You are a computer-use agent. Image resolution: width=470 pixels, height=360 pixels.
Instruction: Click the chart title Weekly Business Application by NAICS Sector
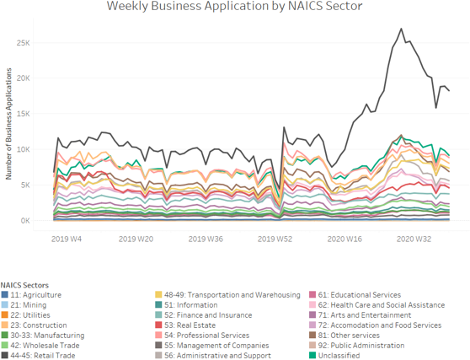pyautogui.click(x=234, y=8)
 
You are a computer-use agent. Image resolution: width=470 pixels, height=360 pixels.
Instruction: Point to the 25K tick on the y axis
pyautogui.click(x=30, y=42)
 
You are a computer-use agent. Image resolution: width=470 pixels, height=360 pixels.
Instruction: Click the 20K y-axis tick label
pyautogui.click(x=30, y=78)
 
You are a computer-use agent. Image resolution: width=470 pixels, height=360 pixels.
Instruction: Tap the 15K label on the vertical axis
pyautogui.click(x=30, y=114)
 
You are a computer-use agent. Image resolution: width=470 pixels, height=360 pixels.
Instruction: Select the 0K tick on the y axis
pyautogui.click(x=32, y=221)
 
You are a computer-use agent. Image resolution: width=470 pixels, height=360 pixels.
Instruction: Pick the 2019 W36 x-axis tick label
pyautogui.click(x=206, y=239)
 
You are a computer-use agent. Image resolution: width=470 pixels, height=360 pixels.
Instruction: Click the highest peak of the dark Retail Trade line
pyautogui.click(x=400, y=30)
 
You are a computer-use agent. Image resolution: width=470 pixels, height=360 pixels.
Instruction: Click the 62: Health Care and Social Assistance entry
pyautogui.click(x=378, y=304)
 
